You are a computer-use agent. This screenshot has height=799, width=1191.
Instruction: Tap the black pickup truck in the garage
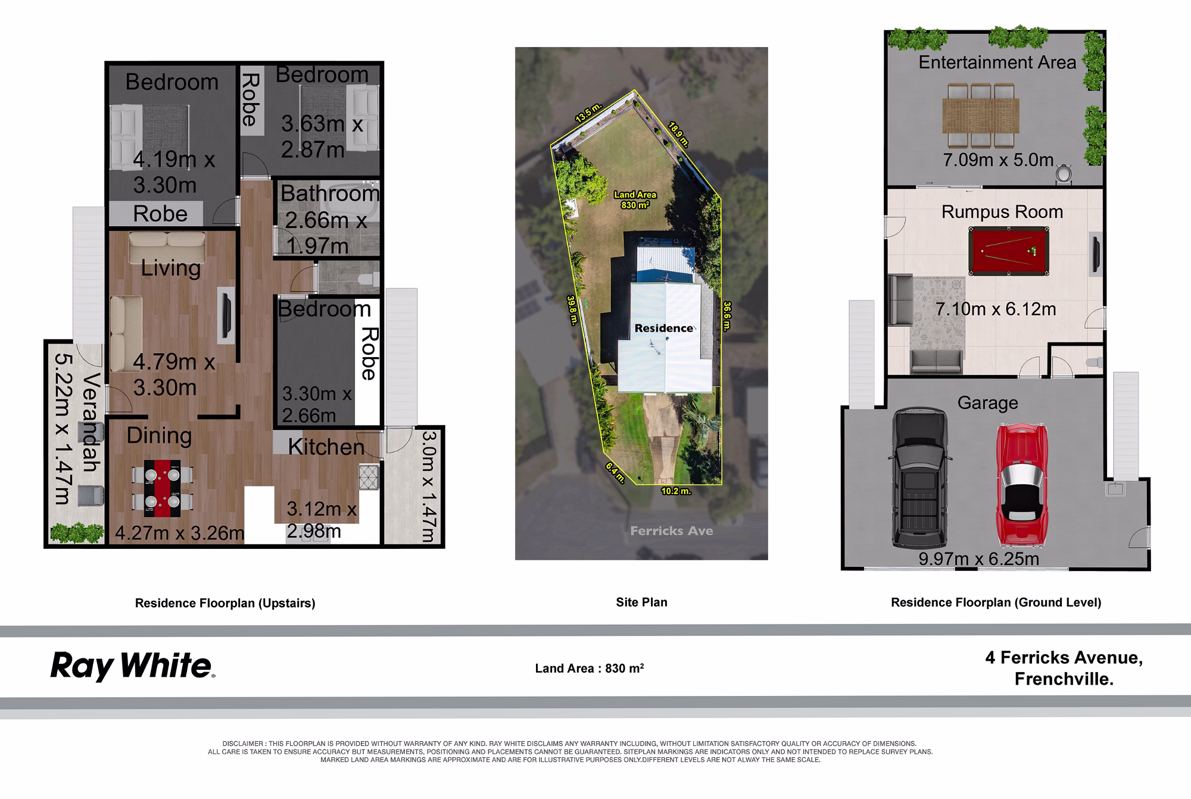click(x=918, y=477)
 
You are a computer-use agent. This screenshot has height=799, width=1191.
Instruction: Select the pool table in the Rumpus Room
click(x=1009, y=251)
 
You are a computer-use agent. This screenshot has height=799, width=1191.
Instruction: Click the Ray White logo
click(x=132, y=666)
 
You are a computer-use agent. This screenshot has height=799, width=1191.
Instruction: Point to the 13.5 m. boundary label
click(x=588, y=113)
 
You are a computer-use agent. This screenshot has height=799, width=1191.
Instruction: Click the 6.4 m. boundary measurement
click(x=615, y=472)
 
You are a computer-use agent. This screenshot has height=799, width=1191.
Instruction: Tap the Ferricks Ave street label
click(x=671, y=531)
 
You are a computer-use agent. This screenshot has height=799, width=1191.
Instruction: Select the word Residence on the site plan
click(x=663, y=328)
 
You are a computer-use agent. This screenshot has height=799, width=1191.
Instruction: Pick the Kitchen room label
click(x=326, y=447)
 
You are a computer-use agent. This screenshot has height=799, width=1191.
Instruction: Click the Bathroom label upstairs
click(x=329, y=193)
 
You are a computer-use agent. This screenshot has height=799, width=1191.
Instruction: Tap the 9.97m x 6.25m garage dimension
click(x=978, y=559)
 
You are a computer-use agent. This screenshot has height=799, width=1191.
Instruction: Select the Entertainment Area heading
click(x=997, y=63)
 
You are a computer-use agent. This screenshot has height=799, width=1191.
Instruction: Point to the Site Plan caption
click(x=641, y=602)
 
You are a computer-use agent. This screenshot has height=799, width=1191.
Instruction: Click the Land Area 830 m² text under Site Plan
click(x=590, y=668)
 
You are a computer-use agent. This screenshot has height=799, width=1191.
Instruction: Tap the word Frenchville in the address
click(x=1064, y=679)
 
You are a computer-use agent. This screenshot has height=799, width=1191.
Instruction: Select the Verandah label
click(x=91, y=422)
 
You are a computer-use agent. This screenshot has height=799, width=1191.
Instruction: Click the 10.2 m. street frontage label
click(x=676, y=491)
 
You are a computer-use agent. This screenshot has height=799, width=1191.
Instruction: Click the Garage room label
click(x=987, y=403)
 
